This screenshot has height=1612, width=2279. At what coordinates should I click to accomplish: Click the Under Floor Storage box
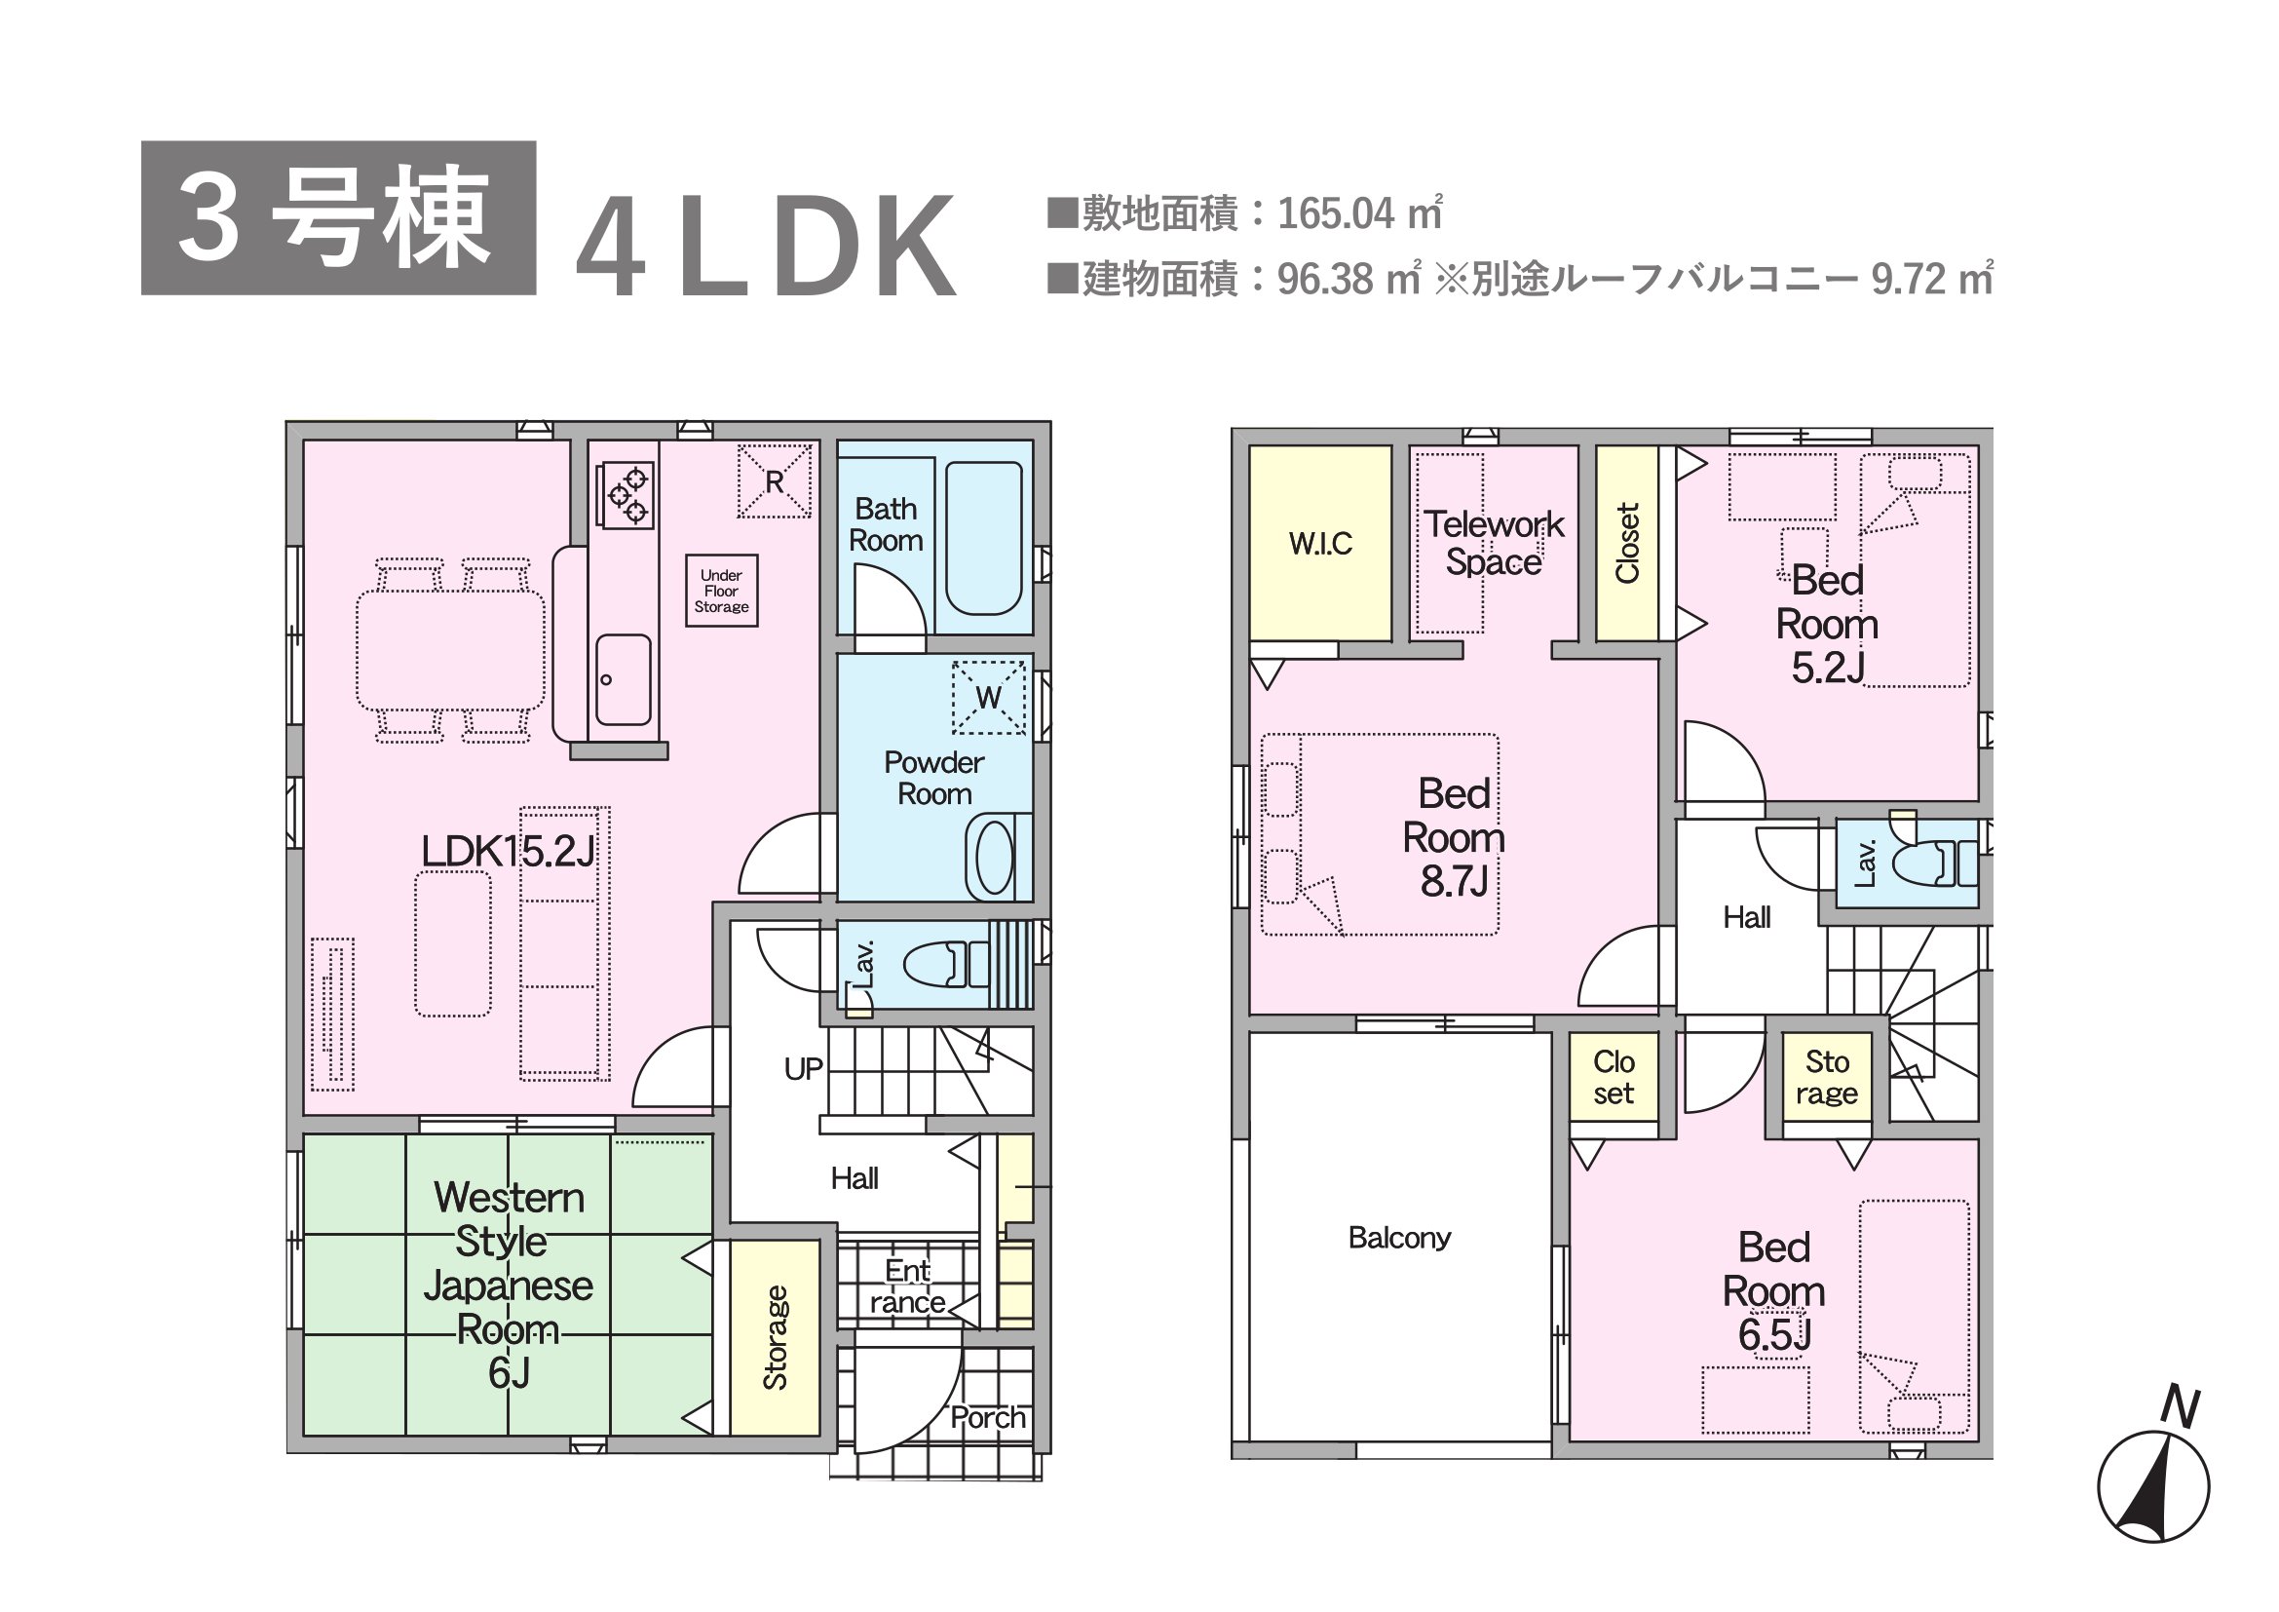[722, 591]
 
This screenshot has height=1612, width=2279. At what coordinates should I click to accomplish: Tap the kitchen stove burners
[625, 494]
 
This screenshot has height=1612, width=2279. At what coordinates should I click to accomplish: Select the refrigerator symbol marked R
[775, 481]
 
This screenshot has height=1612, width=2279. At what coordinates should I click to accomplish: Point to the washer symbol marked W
[989, 697]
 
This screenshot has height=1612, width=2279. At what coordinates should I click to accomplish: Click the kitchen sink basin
[624, 680]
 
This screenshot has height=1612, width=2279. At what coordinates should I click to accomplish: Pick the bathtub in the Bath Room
[983, 538]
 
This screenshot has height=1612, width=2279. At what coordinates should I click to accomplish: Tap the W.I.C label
[1320, 544]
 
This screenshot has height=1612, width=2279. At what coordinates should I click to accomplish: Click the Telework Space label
[1494, 543]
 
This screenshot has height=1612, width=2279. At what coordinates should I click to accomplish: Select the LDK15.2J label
[508, 852]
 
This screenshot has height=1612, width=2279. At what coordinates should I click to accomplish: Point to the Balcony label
[1399, 1238]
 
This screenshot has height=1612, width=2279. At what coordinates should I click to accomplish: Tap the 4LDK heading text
[766, 248]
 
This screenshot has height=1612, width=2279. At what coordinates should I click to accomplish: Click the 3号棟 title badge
[338, 218]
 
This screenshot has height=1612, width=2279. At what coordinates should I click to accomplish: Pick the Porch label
[988, 1417]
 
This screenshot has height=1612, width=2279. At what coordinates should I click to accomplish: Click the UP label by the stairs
[803, 1069]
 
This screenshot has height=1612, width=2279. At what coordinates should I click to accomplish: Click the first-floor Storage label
[776, 1337]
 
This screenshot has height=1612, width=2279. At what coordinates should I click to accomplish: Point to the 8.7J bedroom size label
[1454, 881]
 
